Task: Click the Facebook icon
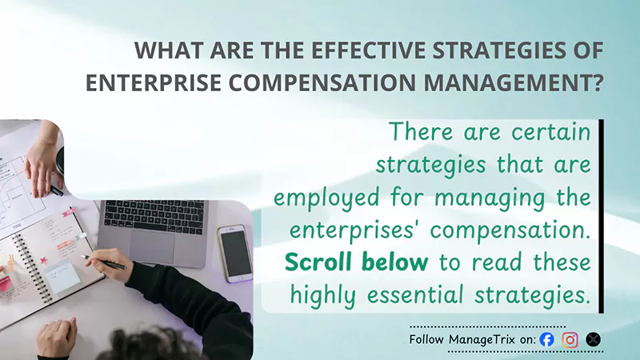(x=547, y=339)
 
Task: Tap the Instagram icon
(x=570, y=339)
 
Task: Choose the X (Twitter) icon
(x=593, y=339)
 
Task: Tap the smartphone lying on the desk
(x=235, y=253)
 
